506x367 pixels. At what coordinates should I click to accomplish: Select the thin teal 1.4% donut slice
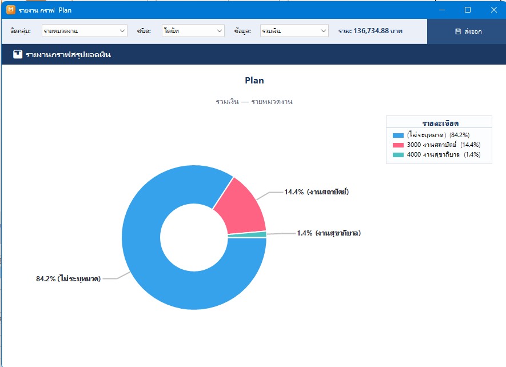[x=247, y=234]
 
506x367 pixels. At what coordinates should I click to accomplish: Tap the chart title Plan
[x=254, y=81]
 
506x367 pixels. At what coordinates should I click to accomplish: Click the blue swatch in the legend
[x=398, y=135]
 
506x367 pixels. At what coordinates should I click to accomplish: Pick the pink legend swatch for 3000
[x=398, y=145]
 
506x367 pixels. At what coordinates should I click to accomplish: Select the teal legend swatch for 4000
[x=398, y=154]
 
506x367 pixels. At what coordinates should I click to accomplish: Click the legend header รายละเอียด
[x=440, y=123]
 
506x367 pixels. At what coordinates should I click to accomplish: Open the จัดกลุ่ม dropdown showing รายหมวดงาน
[x=85, y=31]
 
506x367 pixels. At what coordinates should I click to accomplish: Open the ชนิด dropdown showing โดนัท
[x=193, y=31]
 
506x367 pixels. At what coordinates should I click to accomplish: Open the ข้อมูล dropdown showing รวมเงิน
[x=294, y=31]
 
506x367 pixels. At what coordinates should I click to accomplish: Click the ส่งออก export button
[x=468, y=31]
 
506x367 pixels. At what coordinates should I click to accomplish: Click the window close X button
[x=494, y=10]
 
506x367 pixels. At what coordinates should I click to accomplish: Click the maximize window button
[x=468, y=10]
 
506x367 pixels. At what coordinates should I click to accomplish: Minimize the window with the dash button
[x=442, y=10]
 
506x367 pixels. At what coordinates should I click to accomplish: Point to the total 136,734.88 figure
[x=371, y=31]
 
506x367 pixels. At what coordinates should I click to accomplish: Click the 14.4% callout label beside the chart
[x=316, y=192]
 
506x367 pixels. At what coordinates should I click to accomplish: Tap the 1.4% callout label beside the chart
[x=329, y=233]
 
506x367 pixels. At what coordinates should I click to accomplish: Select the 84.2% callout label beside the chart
[x=69, y=278]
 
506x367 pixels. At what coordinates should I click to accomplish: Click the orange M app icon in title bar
[x=11, y=10]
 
